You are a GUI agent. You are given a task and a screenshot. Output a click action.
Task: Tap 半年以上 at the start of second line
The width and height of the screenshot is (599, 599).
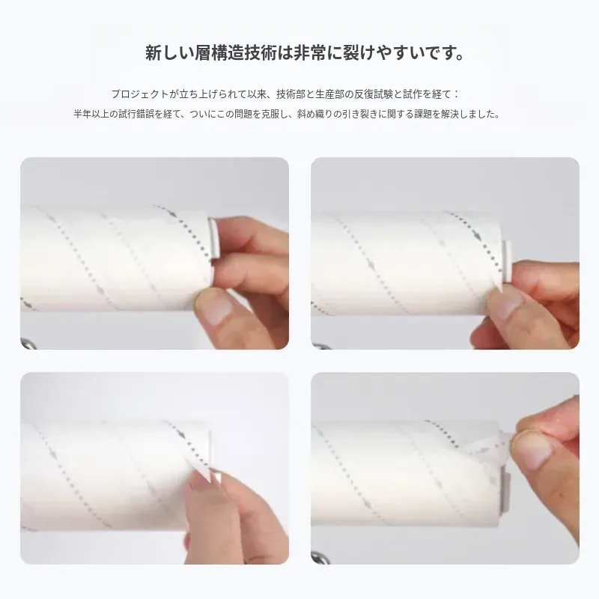click(91, 114)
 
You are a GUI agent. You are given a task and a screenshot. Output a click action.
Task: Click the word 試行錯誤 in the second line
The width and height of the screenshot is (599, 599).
click(136, 114)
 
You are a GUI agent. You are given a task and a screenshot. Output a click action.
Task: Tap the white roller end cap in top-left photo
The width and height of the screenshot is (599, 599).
click(213, 237)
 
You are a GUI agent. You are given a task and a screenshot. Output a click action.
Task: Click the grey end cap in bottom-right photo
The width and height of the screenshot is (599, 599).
click(505, 490)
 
